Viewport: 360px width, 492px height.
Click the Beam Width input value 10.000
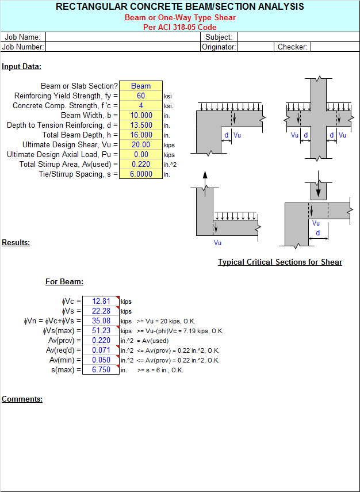tap(141, 115)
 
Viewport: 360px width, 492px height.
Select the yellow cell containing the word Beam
tap(141, 86)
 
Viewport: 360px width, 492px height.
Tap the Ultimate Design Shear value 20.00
tap(141, 144)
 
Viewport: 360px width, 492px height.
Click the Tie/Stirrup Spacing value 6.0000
tap(141, 174)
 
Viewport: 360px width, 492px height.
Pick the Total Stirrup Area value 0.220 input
tap(141, 164)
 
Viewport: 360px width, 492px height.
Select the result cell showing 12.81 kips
tap(101, 301)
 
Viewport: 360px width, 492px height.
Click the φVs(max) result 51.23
tap(101, 330)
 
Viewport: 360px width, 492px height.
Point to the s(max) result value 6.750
tap(101, 369)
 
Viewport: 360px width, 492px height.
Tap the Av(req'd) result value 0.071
tap(101, 350)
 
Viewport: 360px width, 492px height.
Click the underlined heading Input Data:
tap(22, 67)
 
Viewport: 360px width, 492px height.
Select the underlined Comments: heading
tap(22, 399)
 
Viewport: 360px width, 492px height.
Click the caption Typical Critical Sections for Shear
tap(280, 262)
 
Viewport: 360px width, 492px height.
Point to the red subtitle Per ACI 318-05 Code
tap(180, 27)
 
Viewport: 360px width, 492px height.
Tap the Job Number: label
tap(22, 47)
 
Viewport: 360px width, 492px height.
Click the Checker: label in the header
tap(293, 47)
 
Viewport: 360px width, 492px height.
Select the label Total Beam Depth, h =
tap(80, 135)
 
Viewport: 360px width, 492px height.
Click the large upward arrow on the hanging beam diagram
tap(205, 185)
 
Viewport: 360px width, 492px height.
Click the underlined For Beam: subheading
tap(64, 282)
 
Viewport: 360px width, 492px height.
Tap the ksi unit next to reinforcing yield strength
tap(168, 96)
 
